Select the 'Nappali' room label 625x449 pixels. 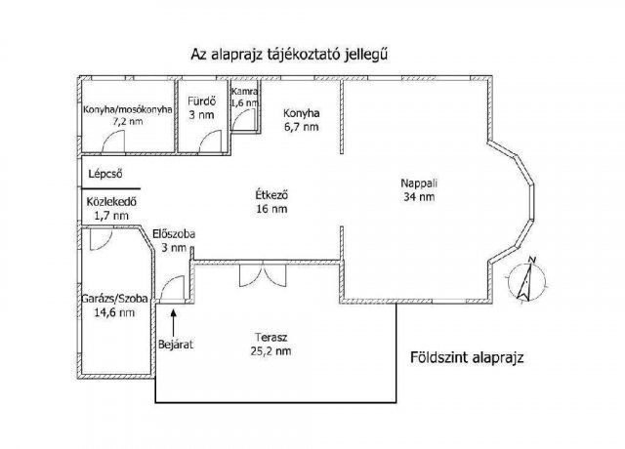click(x=418, y=182)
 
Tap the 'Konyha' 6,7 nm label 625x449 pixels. click(x=300, y=112)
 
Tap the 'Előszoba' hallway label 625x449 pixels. click(x=173, y=233)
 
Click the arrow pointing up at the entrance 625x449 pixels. click(x=173, y=320)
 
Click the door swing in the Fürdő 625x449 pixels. click(x=209, y=141)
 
